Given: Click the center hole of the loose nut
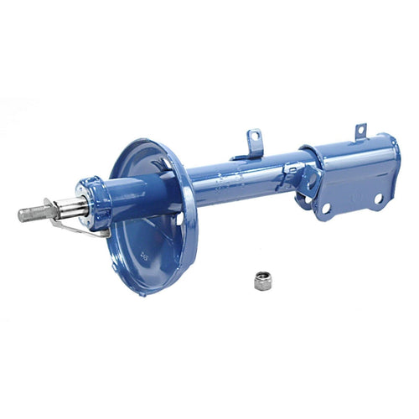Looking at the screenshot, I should click(262, 278).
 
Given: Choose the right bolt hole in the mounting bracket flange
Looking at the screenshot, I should click(378, 199).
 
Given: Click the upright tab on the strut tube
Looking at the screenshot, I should click(253, 142).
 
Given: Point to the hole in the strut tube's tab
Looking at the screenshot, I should click(253, 137).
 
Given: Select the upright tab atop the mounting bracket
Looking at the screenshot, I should click(360, 131).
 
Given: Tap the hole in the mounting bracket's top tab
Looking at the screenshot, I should click(360, 129).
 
